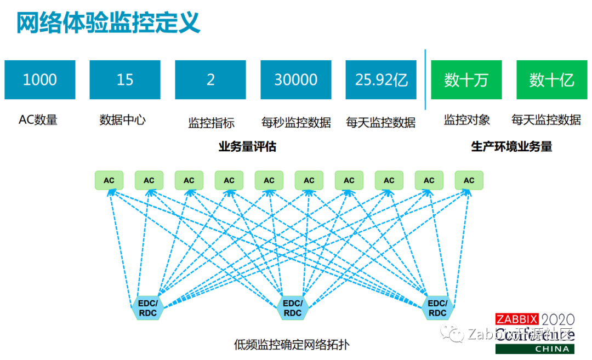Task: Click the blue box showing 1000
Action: click(39, 80)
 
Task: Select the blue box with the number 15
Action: click(125, 80)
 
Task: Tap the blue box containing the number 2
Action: click(210, 80)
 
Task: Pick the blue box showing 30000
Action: click(296, 80)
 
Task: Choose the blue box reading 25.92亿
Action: click(381, 80)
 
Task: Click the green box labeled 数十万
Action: click(466, 80)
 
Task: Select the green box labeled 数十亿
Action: click(552, 80)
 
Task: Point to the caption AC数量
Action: click(38, 119)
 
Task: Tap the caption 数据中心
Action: click(123, 119)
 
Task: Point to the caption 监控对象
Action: click(467, 119)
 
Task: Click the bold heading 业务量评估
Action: click(247, 147)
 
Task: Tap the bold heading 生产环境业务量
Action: click(512, 147)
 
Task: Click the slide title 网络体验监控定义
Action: click(108, 23)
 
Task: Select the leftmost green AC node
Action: click(109, 180)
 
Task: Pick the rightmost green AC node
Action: click(469, 180)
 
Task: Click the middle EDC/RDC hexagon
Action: click(293, 308)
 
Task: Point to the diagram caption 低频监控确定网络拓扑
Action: click(292, 345)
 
